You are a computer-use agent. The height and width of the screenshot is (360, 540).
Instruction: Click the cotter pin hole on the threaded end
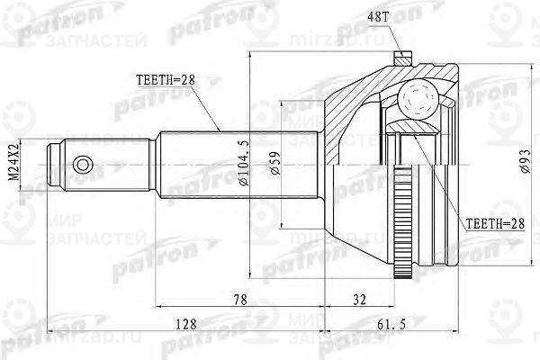click(83, 165)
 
